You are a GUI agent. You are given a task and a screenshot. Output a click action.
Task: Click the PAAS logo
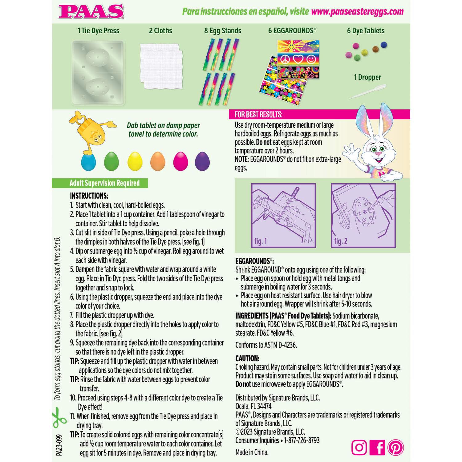(x=91, y=11)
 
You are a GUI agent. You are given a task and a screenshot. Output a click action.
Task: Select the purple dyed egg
(x=202, y=161)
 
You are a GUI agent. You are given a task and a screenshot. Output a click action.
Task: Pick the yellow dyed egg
(x=135, y=161)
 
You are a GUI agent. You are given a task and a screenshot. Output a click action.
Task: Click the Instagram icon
(x=359, y=448)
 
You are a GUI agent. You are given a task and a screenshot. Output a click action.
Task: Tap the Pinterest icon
(x=395, y=448)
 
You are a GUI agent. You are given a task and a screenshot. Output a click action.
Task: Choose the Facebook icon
(x=377, y=448)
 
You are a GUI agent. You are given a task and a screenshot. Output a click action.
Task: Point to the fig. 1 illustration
(x=283, y=215)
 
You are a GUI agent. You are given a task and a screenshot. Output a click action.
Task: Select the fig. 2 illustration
(x=363, y=215)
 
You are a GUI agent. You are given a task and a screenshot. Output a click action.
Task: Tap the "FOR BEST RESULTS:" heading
(x=258, y=115)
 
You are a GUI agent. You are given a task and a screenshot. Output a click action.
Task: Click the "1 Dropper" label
(x=367, y=77)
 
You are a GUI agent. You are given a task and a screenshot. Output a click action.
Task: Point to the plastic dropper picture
(x=368, y=92)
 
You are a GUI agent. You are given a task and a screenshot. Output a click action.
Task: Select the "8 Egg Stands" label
(x=222, y=31)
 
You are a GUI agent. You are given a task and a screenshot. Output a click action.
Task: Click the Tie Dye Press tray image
(x=98, y=72)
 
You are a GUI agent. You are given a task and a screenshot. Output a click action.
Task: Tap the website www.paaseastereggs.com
(x=357, y=12)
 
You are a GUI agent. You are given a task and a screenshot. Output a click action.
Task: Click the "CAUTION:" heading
(x=247, y=359)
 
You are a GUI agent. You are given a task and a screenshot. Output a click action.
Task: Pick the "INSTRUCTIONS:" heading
(x=89, y=196)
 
